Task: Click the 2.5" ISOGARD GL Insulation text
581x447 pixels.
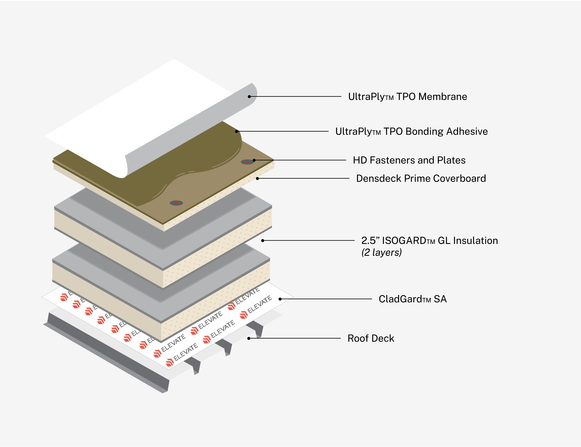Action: click(x=429, y=241)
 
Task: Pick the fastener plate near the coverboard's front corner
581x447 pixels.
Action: click(x=176, y=203)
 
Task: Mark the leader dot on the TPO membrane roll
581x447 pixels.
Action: click(x=249, y=97)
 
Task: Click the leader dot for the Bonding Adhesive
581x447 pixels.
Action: click(x=236, y=131)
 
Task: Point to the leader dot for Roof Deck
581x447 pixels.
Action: click(x=249, y=338)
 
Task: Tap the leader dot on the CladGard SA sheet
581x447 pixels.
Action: click(x=280, y=299)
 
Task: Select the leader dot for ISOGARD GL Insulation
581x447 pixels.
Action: click(x=263, y=241)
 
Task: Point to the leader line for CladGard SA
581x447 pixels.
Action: click(x=327, y=299)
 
